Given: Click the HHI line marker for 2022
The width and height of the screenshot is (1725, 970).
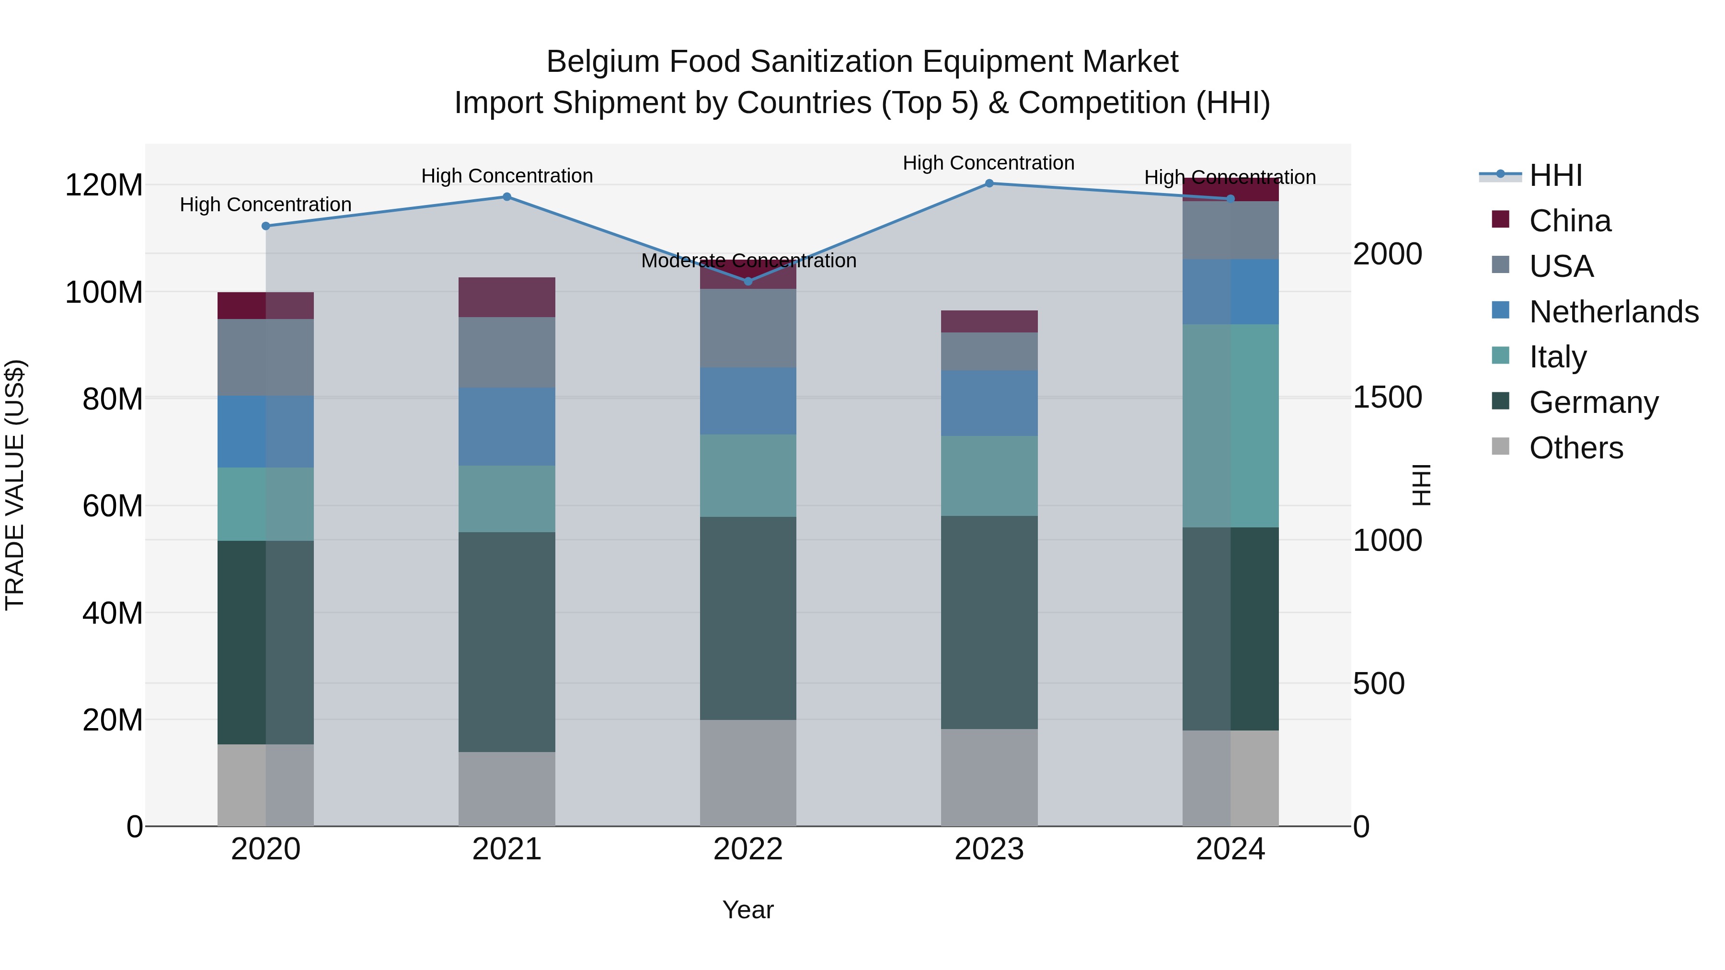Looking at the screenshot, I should (748, 281).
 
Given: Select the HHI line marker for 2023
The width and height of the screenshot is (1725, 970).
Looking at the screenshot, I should (989, 183).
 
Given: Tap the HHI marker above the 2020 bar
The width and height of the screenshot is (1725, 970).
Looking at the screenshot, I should (266, 226).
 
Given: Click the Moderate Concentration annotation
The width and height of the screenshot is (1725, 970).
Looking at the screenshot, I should (748, 261).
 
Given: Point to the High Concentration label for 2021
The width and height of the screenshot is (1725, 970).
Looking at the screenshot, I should (507, 176).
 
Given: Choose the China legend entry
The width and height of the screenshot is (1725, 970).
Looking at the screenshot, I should (1570, 221).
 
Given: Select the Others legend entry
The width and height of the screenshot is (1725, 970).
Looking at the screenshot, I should (1575, 448).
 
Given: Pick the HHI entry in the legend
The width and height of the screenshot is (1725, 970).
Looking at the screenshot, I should (1555, 175).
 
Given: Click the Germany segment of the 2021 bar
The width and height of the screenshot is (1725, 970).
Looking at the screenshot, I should (507, 641).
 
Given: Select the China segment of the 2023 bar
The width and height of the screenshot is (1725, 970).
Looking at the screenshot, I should (989, 321).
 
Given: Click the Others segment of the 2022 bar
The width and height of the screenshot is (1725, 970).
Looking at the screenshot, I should (748, 773).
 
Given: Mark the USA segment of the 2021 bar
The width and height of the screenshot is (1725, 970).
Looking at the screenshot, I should (507, 352).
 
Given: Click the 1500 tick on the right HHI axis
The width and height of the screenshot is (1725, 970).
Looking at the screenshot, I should (1387, 398).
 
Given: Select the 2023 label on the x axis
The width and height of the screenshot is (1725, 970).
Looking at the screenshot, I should (989, 849).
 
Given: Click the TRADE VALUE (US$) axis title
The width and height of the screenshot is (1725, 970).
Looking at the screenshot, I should (15, 485).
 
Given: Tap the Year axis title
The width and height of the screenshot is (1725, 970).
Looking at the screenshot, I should (748, 910).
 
